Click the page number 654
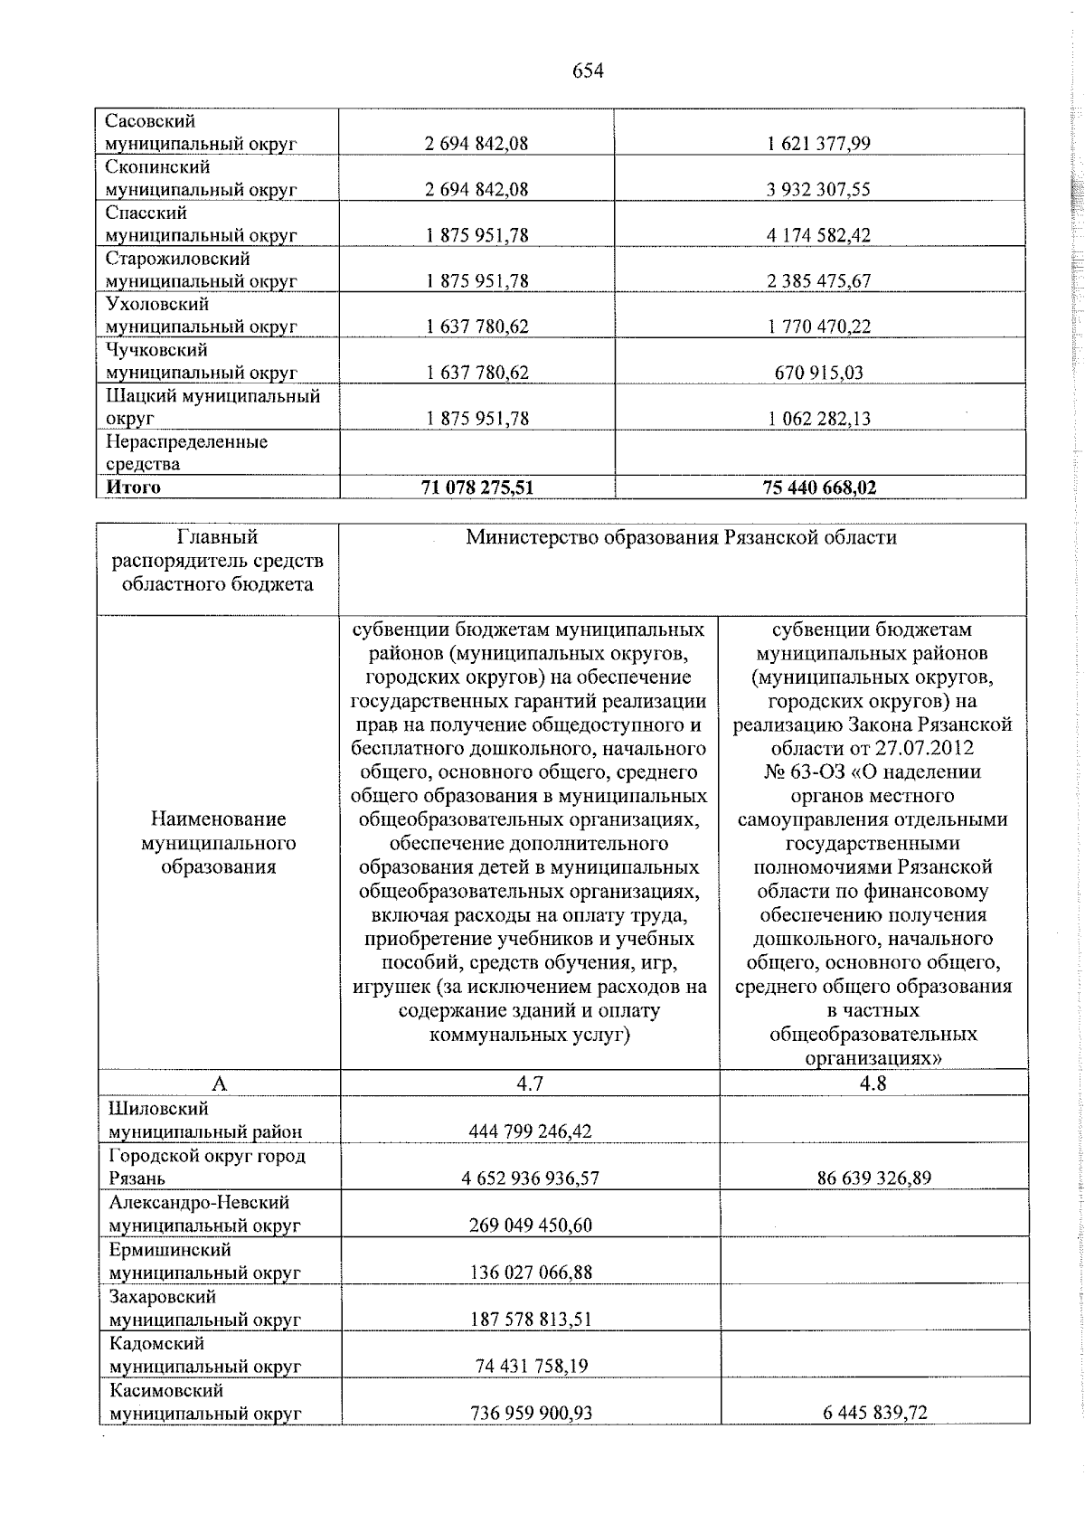[588, 71]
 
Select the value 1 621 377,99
[819, 144]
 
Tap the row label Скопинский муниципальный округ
[201, 178]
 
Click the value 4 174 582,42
[819, 235]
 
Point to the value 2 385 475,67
[819, 281]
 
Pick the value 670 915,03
[819, 373]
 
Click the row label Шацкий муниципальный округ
[212, 407]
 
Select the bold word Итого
[134, 487]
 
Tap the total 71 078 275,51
[477, 487]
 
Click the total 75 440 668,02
[819, 487]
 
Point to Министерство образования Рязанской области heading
[681, 538]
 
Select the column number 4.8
[873, 1084]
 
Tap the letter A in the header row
[219, 1084]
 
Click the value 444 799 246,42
[530, 1131]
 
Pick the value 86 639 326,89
[873, 1178]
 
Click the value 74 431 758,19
[531, 1366]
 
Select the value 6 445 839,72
[873, 1413]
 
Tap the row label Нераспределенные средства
[186, 453]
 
